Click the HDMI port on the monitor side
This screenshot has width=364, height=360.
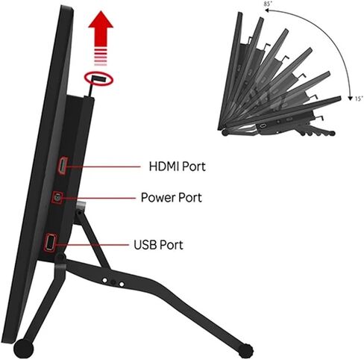pos(63,165)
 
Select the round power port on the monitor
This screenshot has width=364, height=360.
pos(57,198)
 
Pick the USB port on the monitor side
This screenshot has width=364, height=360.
pos(50,242)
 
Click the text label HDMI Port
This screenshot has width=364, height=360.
pos(177,167)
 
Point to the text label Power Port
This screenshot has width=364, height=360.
pos(172,197)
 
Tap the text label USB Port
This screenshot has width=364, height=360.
pos(158,245)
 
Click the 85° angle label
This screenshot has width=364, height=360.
pos(269,4)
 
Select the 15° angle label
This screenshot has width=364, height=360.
pos(359,99)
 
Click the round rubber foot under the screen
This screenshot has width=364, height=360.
pos(23,348)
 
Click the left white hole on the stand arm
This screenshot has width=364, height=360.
pos(104,281)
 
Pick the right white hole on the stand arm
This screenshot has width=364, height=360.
pos(122,284)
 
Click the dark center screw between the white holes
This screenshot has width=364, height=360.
pos(113,282)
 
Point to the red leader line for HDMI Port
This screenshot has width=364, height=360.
pos(103,167)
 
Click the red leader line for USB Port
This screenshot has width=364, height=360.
pos(92,245)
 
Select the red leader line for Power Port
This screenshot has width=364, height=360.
pos(98,198)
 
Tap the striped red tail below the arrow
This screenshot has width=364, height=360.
pos(101,57)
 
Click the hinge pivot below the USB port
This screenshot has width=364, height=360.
pos(60,256)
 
